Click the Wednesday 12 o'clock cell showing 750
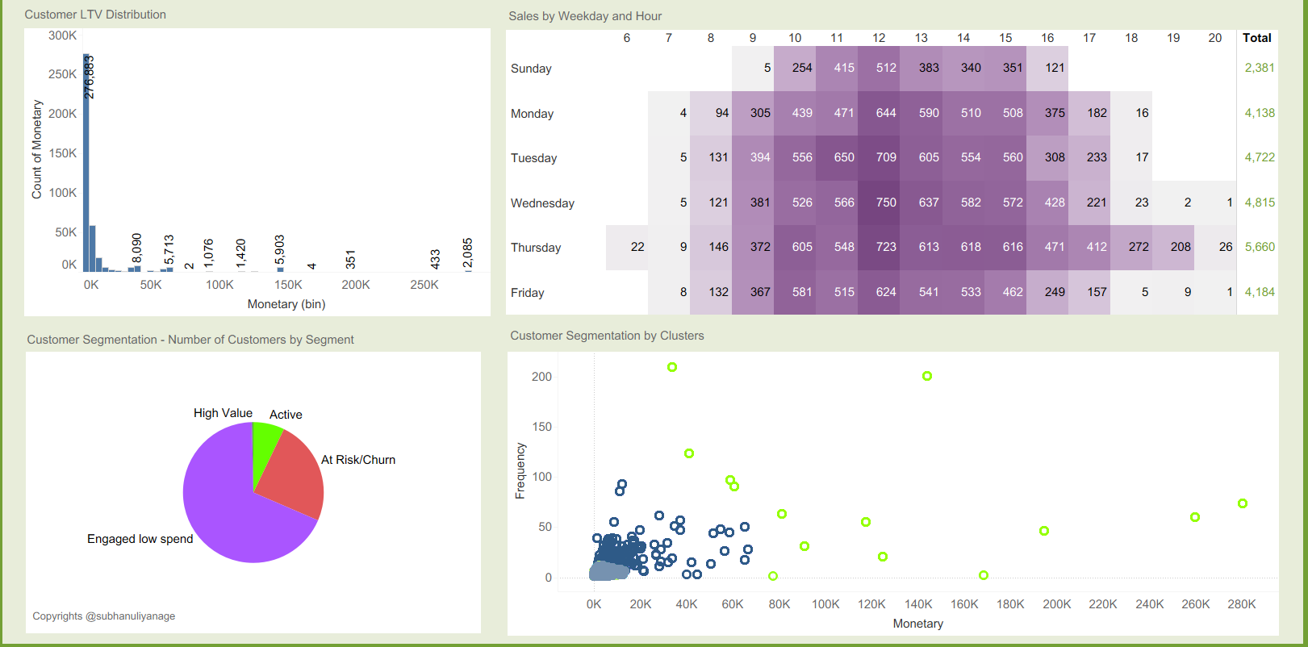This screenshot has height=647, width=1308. click(886, 202)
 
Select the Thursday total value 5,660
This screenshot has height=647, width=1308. click(1260, 247)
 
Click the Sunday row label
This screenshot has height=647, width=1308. click(531, 69)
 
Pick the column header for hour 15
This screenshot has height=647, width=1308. click(1005, 38)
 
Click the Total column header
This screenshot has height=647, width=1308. click(1256, 38)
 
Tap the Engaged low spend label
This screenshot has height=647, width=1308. click(140, 539)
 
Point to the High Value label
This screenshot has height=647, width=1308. click(223, 413)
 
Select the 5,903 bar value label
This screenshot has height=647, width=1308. click(280, 249)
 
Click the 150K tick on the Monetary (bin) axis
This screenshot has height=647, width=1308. click(288, 285)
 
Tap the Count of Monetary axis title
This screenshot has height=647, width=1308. click(36, 149)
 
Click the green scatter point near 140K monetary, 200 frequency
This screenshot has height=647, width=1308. click(927, 376)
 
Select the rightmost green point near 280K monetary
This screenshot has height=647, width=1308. click(1243, 503)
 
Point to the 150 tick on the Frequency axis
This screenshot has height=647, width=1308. click(541, 427)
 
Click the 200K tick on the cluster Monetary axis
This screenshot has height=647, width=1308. click(1056, 604)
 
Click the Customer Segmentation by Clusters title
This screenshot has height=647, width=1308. click(607, 336)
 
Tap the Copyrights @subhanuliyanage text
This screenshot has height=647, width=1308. click(103, 616)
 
